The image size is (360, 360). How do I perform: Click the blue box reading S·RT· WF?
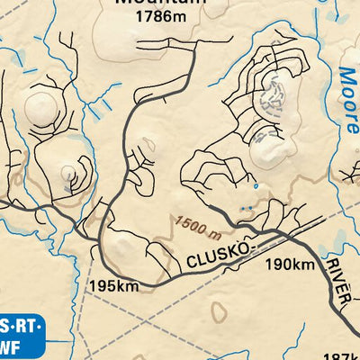tap(20, 336)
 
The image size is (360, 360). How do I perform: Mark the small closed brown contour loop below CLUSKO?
tap(218, 310)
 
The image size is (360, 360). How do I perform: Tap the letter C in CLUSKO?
tap(192, 263)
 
